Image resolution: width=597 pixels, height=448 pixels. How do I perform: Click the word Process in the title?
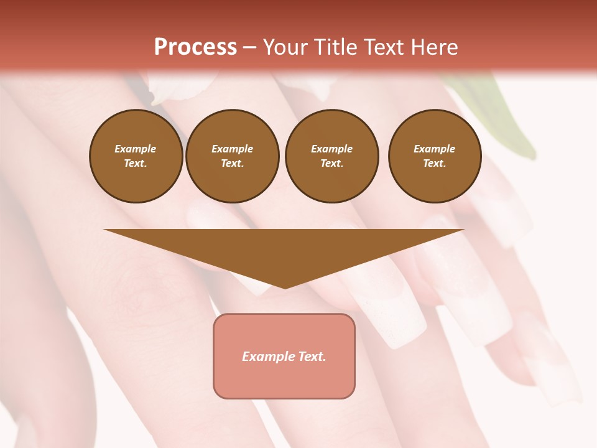click(x=195, y=47)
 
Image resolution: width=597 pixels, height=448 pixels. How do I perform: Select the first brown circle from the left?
click(x=136, y=156)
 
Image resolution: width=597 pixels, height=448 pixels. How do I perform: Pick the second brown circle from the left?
click(x=233, y=156)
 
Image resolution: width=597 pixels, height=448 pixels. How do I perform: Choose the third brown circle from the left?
click(x=331, y=156)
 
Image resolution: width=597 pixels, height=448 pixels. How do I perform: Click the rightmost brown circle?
click(x=435, y=156)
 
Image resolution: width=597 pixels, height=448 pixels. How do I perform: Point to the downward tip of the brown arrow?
click(x=285, y=287)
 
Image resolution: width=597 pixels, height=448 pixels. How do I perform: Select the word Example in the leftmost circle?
click(x=136, y=149)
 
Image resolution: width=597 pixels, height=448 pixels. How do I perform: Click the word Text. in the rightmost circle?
click(x=435, y=164)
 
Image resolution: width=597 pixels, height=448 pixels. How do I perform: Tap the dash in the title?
click(x=250, y=47)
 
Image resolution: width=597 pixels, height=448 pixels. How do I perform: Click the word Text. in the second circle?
click(x=233, y=164)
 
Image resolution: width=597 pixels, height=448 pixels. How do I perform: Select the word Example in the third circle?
click(x=331, y=149)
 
